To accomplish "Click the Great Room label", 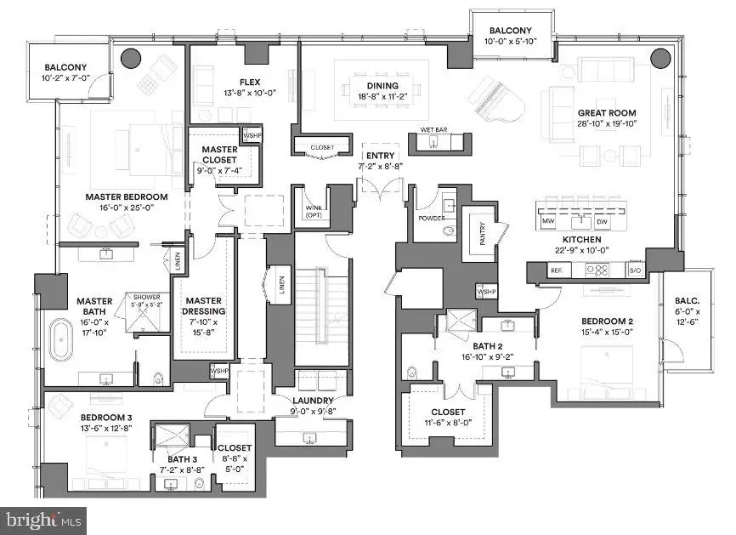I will click(x=607, y=112).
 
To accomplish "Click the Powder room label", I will click(x=432, y=217).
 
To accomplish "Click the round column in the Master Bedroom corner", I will click(x=131, y=58).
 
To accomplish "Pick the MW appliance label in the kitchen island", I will click(x=548, y=222).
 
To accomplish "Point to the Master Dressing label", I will click(x=204, y=305).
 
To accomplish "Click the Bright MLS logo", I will click(x=44, y=517).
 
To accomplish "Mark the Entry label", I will click(x=376, y=156).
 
